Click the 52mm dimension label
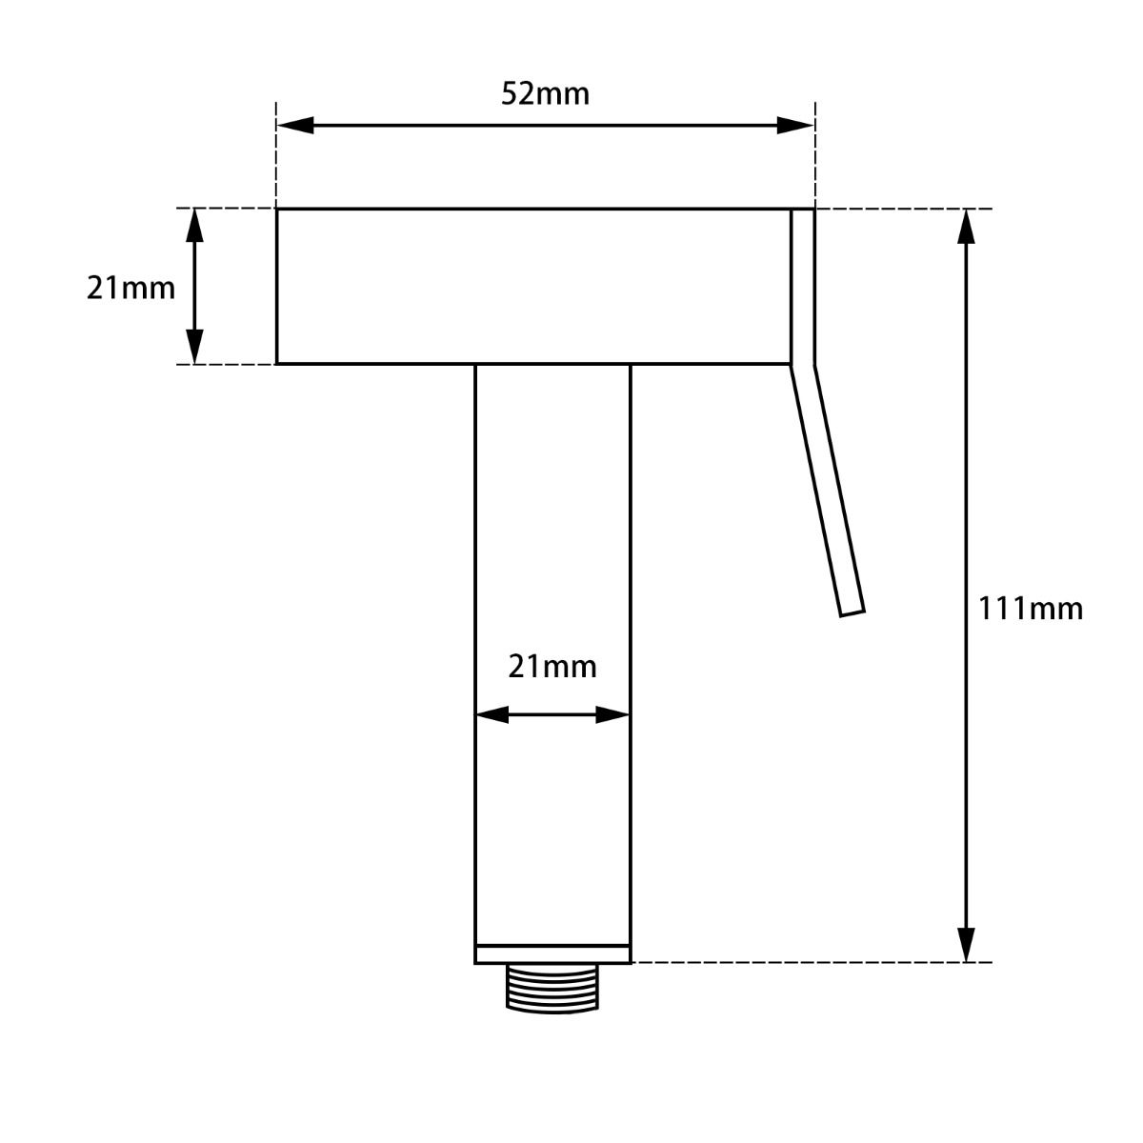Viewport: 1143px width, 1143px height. click(x=545, y=94)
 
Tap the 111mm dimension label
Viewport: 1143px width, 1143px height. click(x=1031, y=609)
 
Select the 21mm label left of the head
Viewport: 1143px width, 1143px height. click(x=130, y=287)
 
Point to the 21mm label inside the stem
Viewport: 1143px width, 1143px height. click(x=552, y=667)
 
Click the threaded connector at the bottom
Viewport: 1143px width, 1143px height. click(x=552, y=987)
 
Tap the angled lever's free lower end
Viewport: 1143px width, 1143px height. click(x=852, y=611)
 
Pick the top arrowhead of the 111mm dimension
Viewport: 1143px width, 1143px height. click(x=967, y=227)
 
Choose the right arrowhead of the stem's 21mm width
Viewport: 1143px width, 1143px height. click(x=612, y=714)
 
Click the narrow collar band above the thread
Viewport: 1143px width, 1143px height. click(x=552, y=953)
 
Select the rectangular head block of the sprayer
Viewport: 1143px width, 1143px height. click(x=533, y=286)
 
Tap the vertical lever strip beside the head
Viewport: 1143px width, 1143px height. click(x=803, y=286)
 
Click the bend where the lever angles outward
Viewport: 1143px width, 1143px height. click(x=803, y=366)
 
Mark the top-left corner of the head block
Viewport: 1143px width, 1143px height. click(x=277, y=209)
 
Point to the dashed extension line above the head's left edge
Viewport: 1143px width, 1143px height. click(x=276, y=157)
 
